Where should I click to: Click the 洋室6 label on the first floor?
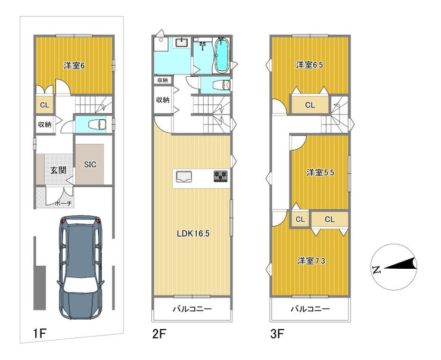pos(74,66)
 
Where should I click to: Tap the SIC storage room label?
pos(90,165)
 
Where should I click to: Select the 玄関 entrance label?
pos(58,170)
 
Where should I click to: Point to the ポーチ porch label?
pos(63,203)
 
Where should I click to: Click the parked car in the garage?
pos(80,267)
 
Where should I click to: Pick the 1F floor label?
pos(39,334)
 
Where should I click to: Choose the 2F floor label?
pos(159,334)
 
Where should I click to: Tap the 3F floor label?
pos(277,334)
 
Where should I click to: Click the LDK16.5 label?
pos(193,234)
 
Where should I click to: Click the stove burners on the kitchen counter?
pos(220,176)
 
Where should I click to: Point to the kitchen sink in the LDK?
pos(184,177)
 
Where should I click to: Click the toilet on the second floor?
pos(222,85)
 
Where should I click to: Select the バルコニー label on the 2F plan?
pos(192,309)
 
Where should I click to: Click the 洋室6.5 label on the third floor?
pos(309,65)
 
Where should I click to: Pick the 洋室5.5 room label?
pos(320,172)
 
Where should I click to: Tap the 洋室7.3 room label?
pos(311,261)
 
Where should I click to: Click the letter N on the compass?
pos(376,270)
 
